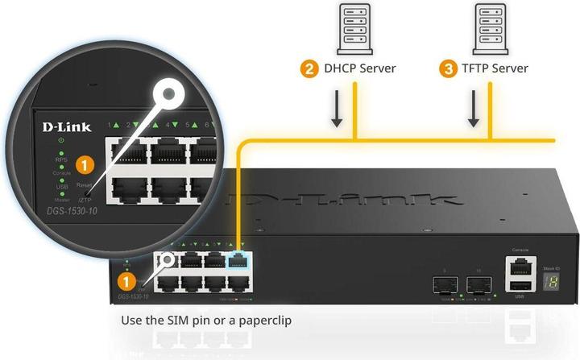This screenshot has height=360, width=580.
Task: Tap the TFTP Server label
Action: tap(499, 68)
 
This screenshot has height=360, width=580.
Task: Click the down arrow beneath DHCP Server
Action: tap(336, 114)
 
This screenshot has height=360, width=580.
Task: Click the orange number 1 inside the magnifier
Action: tap(85, 164)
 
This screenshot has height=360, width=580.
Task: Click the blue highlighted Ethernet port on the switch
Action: tap(239, 259)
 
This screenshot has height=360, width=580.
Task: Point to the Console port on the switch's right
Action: tap(520, 267)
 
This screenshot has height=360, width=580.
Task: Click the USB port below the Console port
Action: tap(520, 286)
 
